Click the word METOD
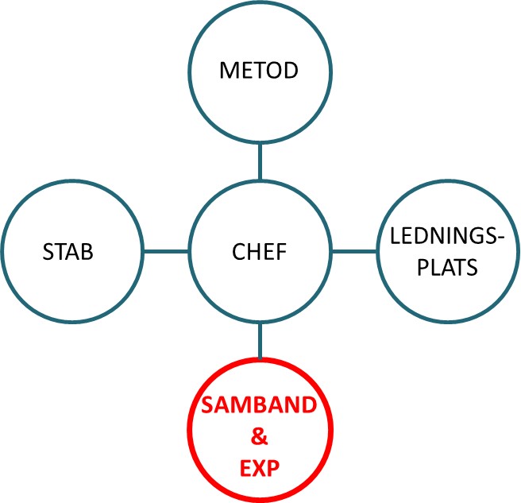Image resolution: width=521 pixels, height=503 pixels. click(x=259, y=71)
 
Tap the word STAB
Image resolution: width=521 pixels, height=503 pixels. click(x=68, y=253)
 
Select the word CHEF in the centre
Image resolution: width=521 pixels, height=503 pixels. click(x=259, y=253)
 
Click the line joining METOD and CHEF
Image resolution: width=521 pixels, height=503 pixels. click(x=260, y=162)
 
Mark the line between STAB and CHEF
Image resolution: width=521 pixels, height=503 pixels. click(x=164, y=252)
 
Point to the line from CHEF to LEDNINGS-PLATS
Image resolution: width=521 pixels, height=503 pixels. click(x=353, y=252)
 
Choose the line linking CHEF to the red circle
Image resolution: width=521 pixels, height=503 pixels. click(x=260, y=342)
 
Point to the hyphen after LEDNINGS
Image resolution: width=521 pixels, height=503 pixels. click(x=502, y=238)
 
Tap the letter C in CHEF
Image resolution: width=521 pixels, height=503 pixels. click(x=238, y=253)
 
